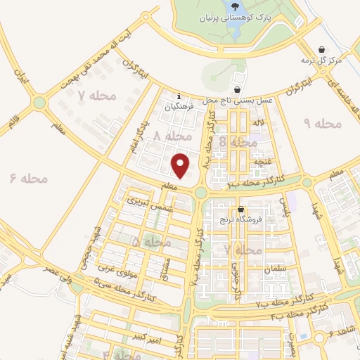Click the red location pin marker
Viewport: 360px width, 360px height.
(x=181, y=165)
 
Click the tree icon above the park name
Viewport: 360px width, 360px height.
(x=234, y=6)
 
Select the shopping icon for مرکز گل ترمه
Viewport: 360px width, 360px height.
(x=321, y=49)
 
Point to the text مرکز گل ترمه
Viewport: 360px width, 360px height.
(x=321, y=60)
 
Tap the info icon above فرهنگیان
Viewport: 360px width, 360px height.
(x=179, y=96)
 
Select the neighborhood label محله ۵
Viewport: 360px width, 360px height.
(x=152, y=242)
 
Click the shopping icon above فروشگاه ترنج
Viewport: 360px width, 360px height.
(x=240, y=210)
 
